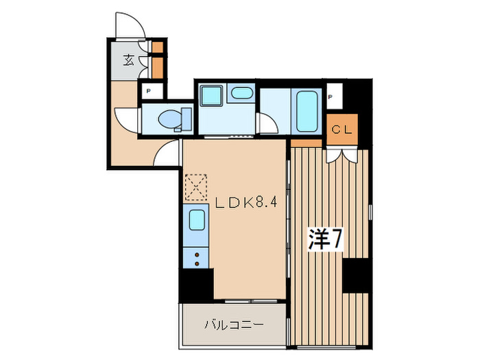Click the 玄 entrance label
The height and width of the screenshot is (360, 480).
click(x=129, y=60)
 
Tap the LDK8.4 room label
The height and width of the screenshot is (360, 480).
click(x=246, y=203)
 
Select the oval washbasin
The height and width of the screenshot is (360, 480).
click(x=240, y=94)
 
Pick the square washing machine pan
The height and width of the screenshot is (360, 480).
click(x=211, y=97)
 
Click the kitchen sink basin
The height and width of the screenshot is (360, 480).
click(x=197, y=220)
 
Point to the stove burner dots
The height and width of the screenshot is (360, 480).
click(x=197, y=259)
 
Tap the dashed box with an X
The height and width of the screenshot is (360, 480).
click(x=197, y=184)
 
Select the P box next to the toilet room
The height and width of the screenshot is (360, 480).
click(x=147, y=91)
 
